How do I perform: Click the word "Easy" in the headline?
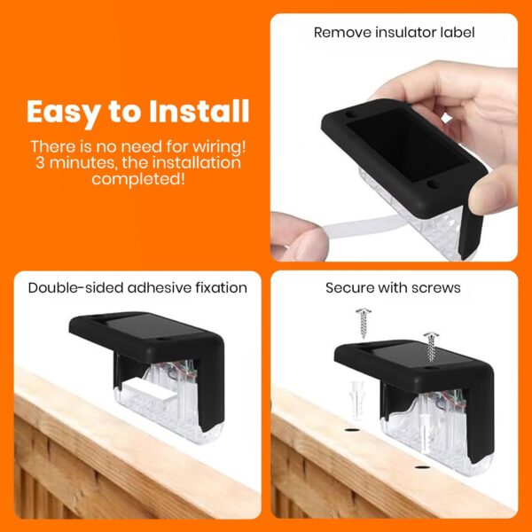point(65,113)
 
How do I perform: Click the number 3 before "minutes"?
point(41,162)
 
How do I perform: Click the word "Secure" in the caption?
point(350,288)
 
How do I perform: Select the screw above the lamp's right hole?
point(432,348)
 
